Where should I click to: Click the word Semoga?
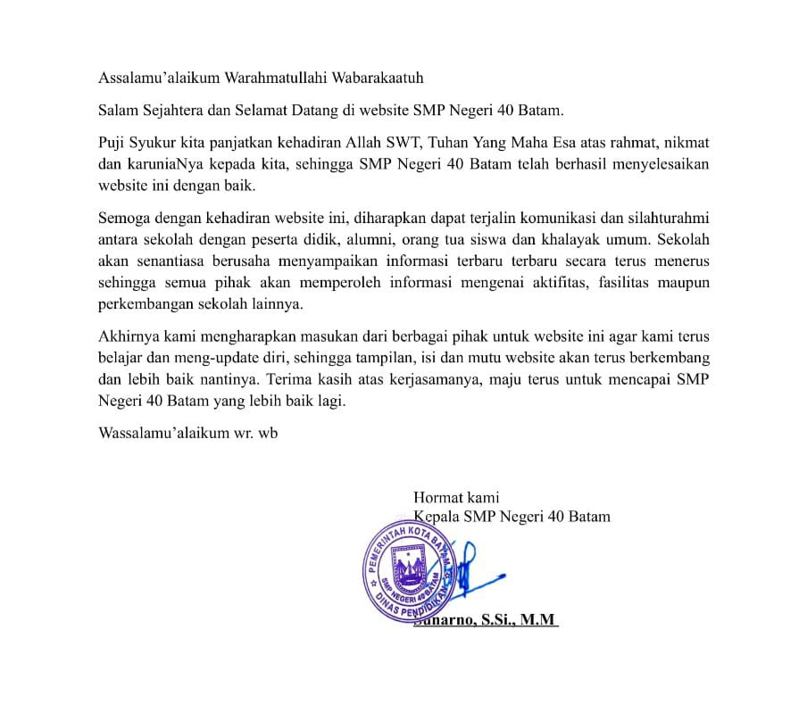click(x=125, y=219)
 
